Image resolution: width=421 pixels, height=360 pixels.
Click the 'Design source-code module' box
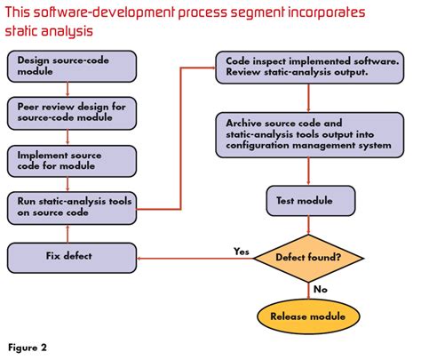[x=72, y=66]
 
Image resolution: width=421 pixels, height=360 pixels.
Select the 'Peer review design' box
[x=72, y=113]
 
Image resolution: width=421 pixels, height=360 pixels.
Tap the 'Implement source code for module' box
[x=72, y=161]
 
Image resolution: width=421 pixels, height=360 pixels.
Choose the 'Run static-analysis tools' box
[x=72, y=208]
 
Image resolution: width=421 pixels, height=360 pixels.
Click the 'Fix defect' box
[x=72, y=258]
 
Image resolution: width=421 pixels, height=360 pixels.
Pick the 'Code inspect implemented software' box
[x=310, y=68]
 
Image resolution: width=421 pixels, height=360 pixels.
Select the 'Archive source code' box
[x=310, y=135]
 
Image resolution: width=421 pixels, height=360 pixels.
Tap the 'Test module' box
[x=311, y=201]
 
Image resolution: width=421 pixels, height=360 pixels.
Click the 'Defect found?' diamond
[x=308, y=258]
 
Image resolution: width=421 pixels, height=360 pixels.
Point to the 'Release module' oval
[x=308, y=316]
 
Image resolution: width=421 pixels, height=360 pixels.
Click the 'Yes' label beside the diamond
[x=242, y=252]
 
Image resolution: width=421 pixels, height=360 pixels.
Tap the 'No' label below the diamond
[x=321, y=289]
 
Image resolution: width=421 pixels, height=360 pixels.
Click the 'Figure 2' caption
[x=28, y=348]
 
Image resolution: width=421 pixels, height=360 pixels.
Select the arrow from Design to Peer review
[x=68, y=90]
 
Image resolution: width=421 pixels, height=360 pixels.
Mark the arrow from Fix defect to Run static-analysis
[x=68, y=234]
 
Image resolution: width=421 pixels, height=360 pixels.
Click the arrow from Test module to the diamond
[x=308, y=225]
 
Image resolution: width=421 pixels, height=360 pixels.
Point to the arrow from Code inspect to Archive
[x=308, y=98]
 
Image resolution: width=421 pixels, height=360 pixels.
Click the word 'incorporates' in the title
[x=327, y=12]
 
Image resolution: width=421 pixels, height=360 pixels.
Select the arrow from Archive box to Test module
[x=308, y=172]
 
